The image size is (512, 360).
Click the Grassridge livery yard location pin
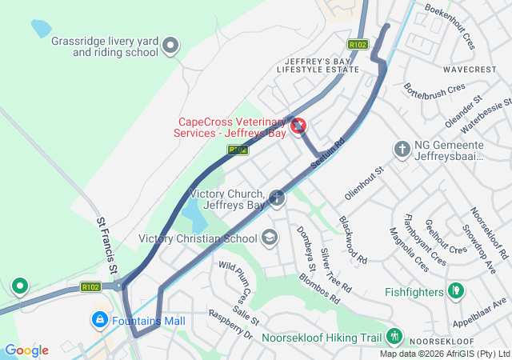[170, 47]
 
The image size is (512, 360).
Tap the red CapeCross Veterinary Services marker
[298, 126]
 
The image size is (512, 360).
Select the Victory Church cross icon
[277, 198]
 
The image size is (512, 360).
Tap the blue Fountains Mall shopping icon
[99, 320]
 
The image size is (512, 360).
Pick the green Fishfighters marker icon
[456, 290]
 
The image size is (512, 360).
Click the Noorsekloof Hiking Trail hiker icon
[393, 337]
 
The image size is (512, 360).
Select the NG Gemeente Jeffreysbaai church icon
[402, 149]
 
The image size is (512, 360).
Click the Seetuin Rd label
[327, 151]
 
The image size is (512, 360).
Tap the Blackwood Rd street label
[352, 240]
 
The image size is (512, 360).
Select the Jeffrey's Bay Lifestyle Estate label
[318, 66]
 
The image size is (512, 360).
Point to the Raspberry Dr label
[230, 323]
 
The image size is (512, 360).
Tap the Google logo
[26, 350]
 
